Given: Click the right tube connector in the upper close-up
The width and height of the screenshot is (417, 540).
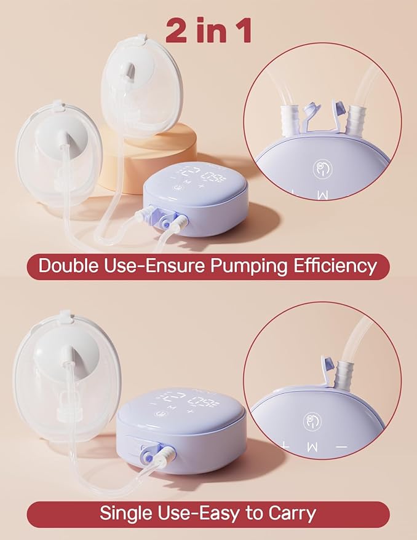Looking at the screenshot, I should [x=356, y=115].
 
